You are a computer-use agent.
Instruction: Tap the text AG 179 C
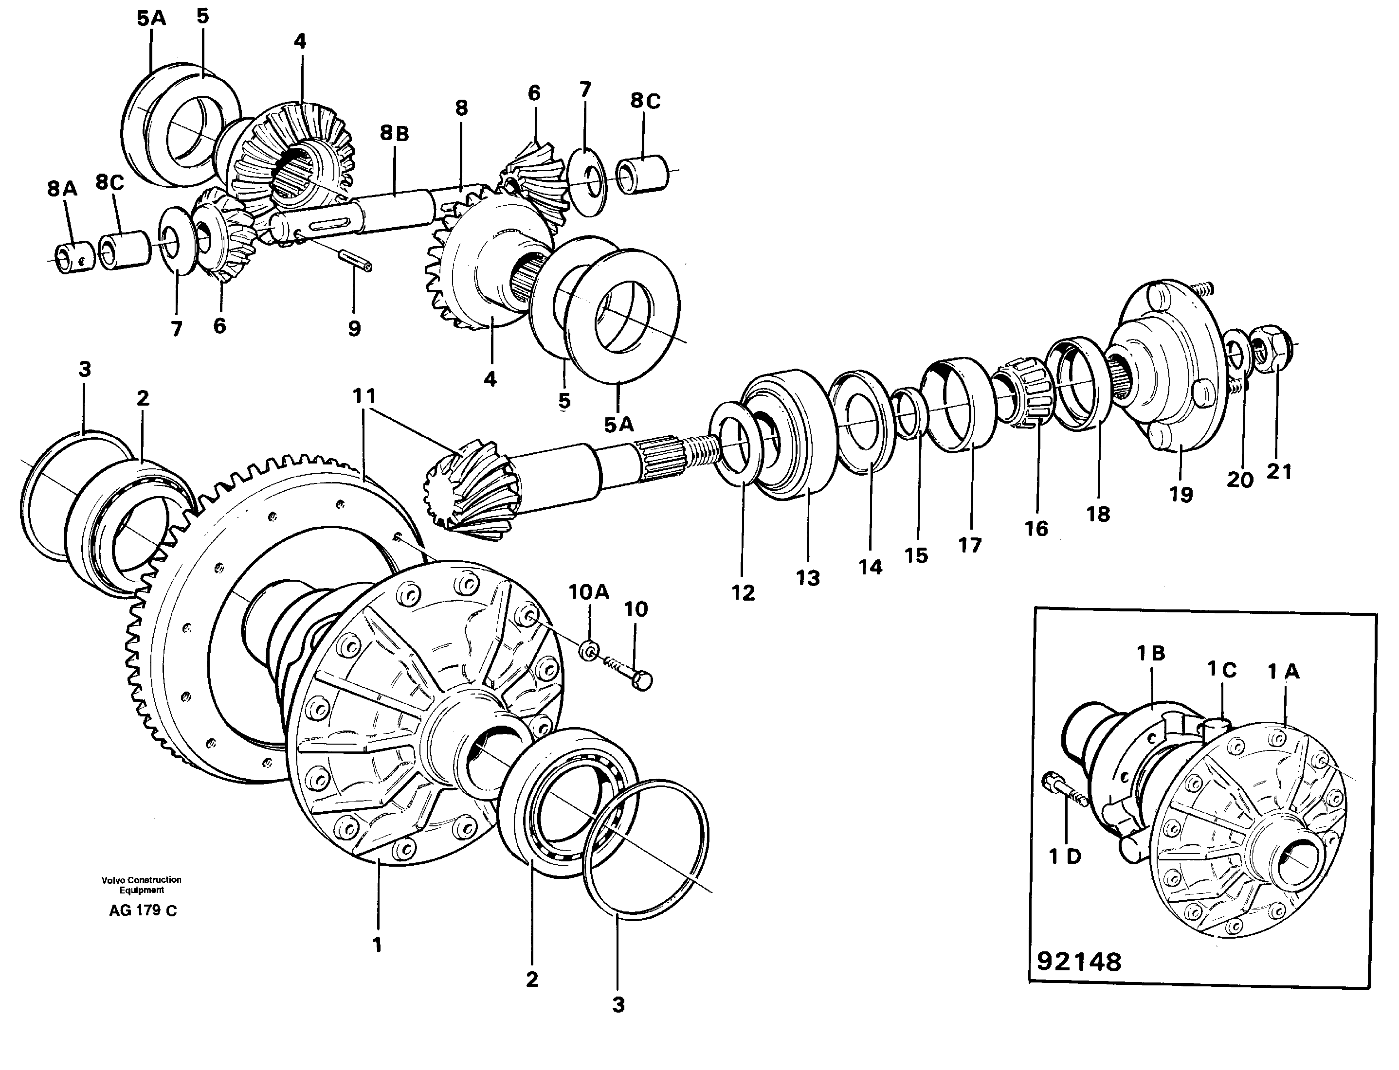pyautogui.click(x=143, y=911)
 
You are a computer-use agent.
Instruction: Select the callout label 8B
pyautogui.click(x=394, y=133)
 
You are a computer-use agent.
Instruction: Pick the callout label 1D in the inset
pyautogui.click(x=1065, y=856)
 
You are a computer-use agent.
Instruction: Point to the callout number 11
pyautogui.click(x=364, y=396)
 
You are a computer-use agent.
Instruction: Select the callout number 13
pyautogui.click(x=808, y=578)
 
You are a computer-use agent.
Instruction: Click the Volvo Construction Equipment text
pyautogui.click(x=142, y=885)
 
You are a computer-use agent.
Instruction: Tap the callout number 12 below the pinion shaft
pyautogui.click(x=743, y=592)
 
